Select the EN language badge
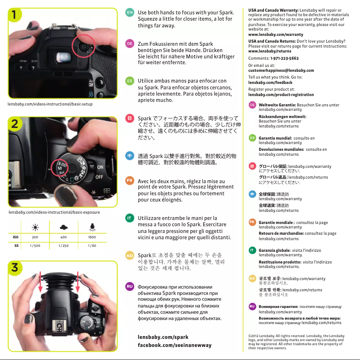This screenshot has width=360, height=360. tap(129, 12)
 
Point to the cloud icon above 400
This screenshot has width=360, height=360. tap(63, 226)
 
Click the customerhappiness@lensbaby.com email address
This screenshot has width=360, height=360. tap(281, 70)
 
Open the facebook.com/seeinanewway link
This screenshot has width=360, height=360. tap(174, 345)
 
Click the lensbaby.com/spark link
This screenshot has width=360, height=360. tap(163, 337)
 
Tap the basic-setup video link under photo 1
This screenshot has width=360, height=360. tap(50, 104)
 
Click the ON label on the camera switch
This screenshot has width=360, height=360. tap(101, 167)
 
